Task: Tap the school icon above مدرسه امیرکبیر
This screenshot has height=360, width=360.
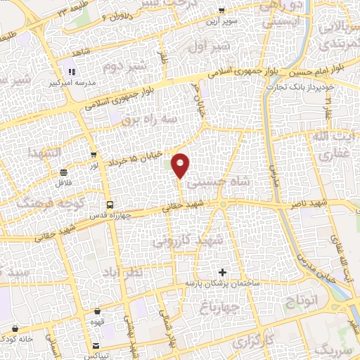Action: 71,72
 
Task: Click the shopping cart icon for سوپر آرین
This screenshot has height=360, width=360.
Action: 222,11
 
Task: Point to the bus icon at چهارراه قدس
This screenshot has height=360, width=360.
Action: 107,205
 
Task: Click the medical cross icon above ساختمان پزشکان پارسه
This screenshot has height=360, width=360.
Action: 223,272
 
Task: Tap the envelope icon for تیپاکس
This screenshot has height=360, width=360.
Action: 96,345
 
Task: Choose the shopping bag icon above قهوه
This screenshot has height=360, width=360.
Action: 98,311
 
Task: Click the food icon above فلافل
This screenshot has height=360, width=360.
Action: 64,172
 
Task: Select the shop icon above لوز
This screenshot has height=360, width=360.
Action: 94,154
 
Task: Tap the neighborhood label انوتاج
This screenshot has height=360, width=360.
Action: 302,302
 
